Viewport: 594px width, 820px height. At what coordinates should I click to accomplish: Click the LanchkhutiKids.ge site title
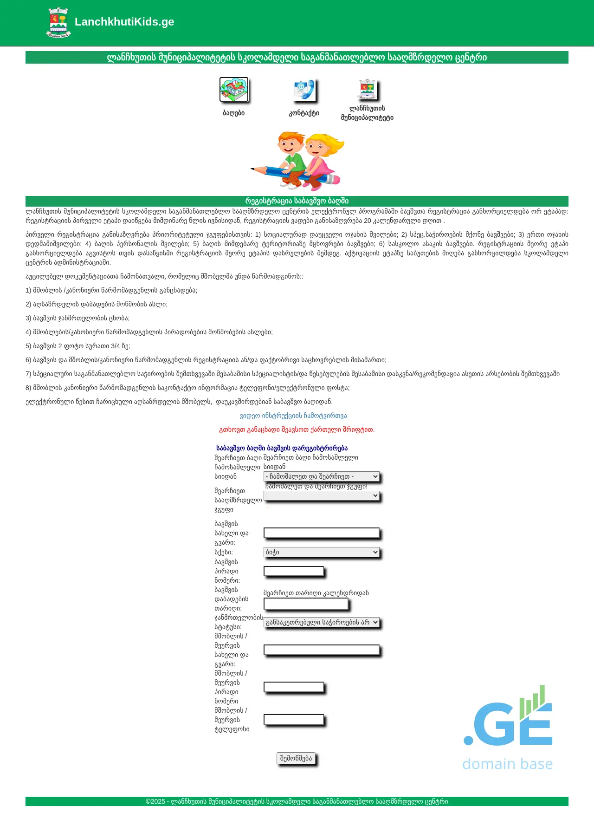[124, 22]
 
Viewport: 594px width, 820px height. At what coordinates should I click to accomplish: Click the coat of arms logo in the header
[58, 22]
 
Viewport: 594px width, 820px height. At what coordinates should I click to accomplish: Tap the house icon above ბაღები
[234, 90]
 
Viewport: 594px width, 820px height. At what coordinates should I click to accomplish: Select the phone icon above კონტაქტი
[304, 90]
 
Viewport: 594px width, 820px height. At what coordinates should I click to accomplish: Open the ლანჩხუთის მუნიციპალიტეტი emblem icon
[367, 89]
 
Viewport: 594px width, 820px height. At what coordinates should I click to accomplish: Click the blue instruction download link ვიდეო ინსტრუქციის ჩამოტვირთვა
[293, 416]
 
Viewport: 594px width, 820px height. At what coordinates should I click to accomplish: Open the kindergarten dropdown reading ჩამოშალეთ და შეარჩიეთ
[321, 476]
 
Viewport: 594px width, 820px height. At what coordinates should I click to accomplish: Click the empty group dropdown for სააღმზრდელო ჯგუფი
[321, 496]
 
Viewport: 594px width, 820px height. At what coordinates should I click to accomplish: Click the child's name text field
[321, 533]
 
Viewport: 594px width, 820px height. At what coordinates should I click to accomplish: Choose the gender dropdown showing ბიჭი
[321, 552]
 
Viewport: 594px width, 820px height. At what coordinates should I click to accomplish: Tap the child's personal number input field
[293, 571]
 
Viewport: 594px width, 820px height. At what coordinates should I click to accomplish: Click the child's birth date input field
[306, 604]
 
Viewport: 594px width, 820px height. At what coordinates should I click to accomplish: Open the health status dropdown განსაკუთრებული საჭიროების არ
[321, 622]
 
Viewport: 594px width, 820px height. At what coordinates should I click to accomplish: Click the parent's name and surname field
[321, 650]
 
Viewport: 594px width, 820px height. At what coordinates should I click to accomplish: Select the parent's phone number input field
[293, 720]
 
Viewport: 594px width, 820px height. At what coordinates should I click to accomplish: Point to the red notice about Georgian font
[297, 430]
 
